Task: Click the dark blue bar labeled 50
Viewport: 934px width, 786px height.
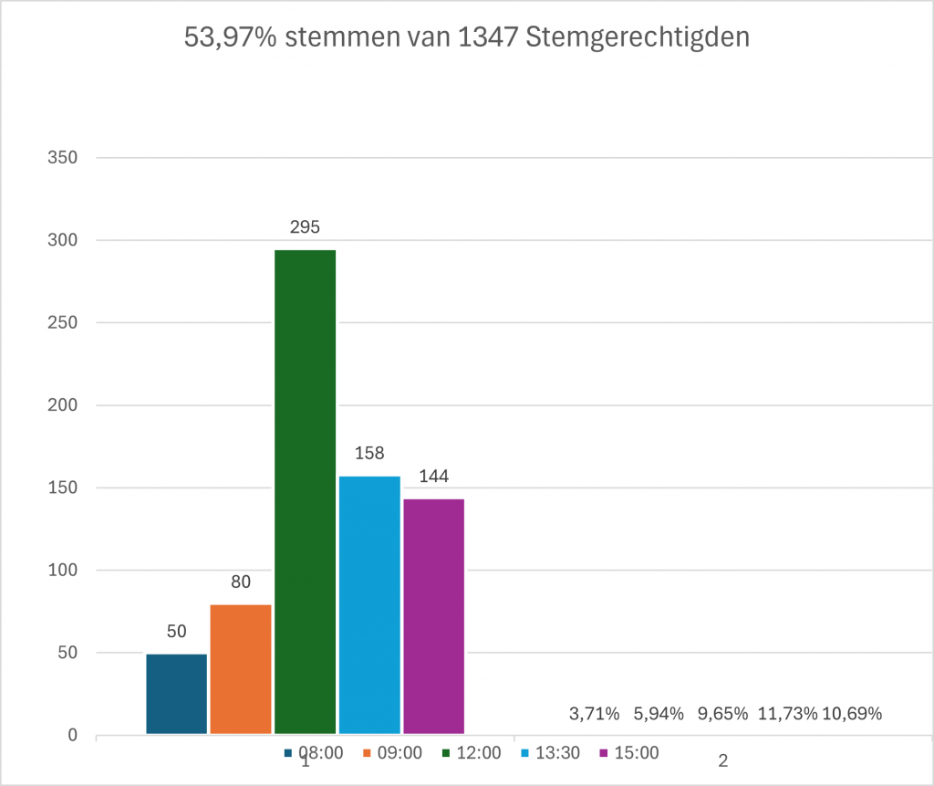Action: [177, 693]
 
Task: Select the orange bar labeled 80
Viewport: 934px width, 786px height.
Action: [241, 668]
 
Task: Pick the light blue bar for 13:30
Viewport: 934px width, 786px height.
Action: [369, 604]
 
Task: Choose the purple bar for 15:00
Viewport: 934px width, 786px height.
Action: [433, 615]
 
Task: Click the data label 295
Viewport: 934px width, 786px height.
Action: [305, 227]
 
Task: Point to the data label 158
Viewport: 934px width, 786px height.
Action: [369, 453]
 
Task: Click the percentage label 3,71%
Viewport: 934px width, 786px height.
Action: [594, 714]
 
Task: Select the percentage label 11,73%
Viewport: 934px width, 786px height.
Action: [786, 714]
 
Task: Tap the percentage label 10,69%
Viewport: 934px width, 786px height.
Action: [852, 714]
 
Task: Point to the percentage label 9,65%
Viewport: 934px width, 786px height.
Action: [722, 714]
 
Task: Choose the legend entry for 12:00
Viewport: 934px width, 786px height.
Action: [471, 753]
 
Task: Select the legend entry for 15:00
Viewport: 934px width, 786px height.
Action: [628, 753]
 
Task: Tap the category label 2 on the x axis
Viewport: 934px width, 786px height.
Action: [723, 761]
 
